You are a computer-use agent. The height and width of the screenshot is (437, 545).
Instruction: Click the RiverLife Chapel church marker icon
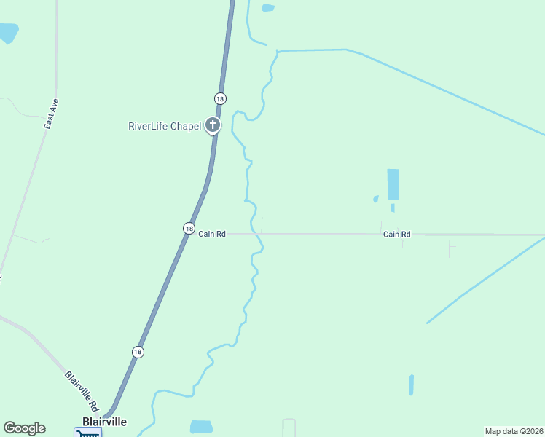[213, 125]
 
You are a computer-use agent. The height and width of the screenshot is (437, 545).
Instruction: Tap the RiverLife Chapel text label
[164, 126]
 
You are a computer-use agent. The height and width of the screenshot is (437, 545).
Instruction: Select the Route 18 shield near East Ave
[220, 98]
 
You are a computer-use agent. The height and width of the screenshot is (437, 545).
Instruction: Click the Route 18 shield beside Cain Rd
[189, 228]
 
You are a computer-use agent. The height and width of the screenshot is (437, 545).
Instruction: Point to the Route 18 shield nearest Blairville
[138, 352]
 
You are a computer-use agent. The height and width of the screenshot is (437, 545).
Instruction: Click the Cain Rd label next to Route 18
[212, 234]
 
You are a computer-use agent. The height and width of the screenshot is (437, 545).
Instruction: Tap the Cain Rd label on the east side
[397, 234]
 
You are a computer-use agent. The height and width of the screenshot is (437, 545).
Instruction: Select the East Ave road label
[50, 114]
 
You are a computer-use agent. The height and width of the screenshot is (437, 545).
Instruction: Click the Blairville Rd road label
[82, 391]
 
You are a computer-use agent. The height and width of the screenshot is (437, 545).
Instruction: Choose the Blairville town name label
[104, 422]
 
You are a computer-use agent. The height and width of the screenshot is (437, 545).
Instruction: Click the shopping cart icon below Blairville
[87, 433]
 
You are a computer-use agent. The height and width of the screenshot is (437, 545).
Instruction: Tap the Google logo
[24, 428]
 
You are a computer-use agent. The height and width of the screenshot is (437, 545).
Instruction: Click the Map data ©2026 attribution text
[514, 430]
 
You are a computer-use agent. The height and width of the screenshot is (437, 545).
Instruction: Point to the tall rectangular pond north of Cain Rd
[393, 184]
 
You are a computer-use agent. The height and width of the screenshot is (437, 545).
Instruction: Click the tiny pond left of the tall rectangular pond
[376, 198]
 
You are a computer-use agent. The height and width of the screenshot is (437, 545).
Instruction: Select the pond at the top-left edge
[8, 33]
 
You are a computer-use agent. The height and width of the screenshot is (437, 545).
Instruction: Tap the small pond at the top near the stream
[268, 8]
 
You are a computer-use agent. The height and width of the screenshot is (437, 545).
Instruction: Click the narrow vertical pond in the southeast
[411, 385]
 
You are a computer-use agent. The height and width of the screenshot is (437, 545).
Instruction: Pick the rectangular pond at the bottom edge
[202, 427]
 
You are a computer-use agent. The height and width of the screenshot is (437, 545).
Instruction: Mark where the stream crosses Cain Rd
[258, 234]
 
